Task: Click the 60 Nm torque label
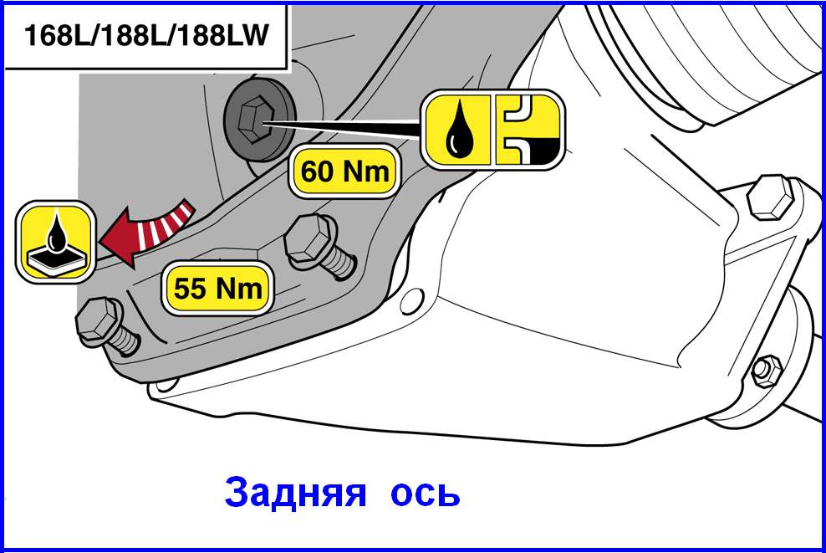tap(344, 172)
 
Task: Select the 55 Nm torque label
tap(217, 288)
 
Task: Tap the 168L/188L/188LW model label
tap(146, 35)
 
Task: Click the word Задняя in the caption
tap(295, 492)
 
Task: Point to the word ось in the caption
tap(426, 494)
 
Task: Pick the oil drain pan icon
tap(55, 242)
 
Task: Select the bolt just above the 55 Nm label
tap(319, 246)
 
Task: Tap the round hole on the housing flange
tap(412, 302)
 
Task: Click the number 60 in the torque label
tap(319, 172)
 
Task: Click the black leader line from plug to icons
tap(343, 128)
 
